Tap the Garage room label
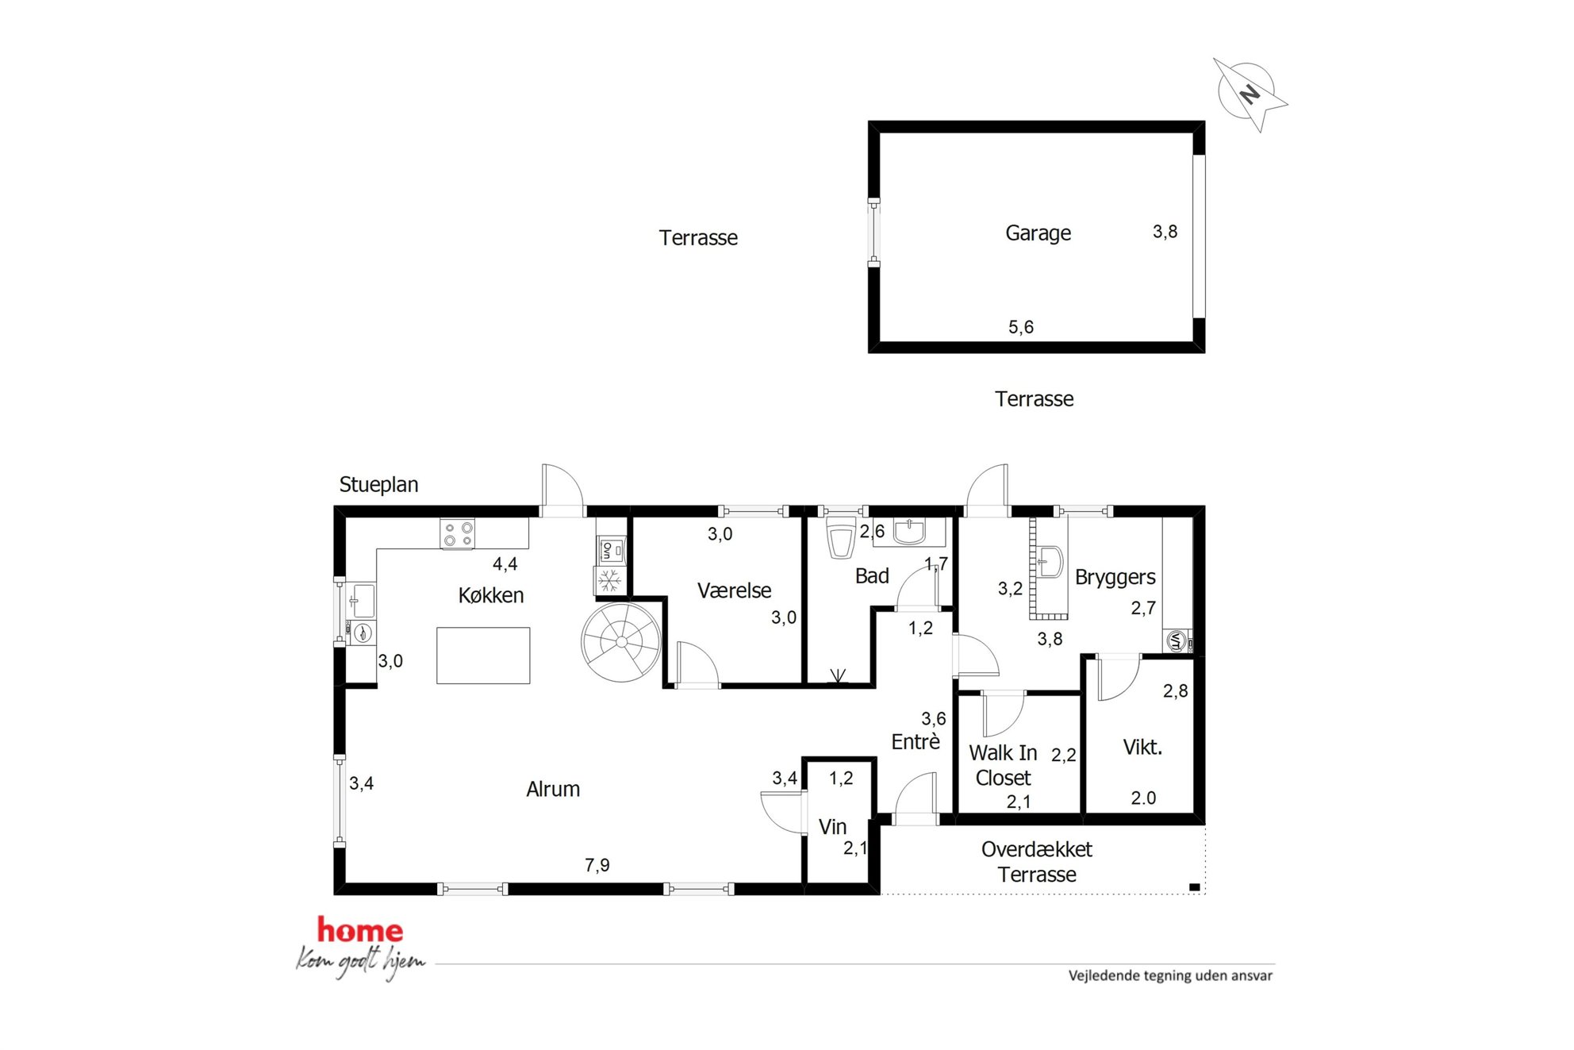[1038, 233]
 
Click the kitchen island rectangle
[483, 656]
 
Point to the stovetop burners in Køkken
[458, 533]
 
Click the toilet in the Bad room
[841, 538]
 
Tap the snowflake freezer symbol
[609, 581]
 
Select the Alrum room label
[553, 789]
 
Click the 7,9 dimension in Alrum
[597, 865]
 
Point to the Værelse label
[734, 590]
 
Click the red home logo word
[360, 930]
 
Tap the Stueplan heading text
[378, 485]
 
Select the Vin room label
[832, 827]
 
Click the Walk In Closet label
[1003, 765]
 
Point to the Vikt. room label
[1142, 747]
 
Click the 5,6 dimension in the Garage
[1021, 327]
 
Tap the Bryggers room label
[1115, 578]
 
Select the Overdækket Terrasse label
[1037, 862]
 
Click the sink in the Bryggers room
[1050, 561]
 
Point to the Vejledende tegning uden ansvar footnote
[1170, 975]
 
